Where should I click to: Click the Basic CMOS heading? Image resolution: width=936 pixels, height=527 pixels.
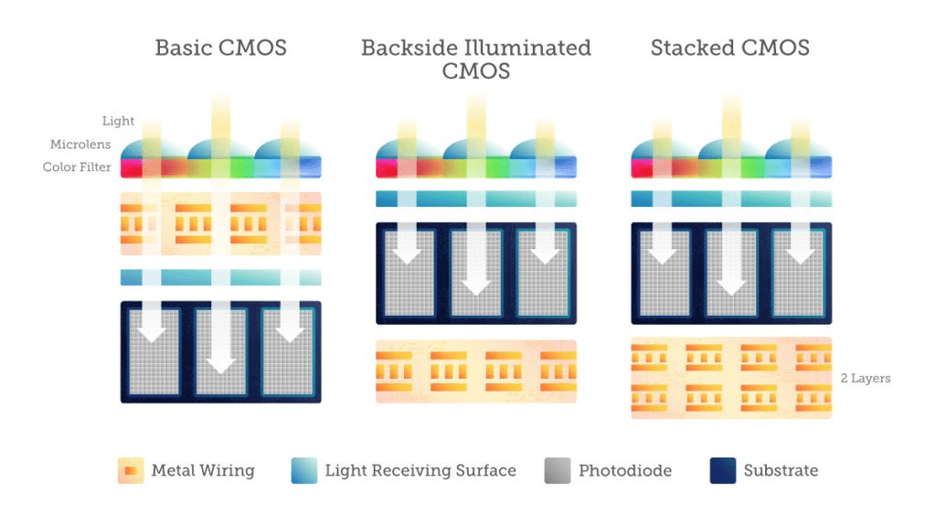tap(221, 48)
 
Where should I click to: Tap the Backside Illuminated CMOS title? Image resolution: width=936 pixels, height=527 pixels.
tap(475, 59)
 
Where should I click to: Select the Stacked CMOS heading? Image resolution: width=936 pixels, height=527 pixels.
tap(730, 48)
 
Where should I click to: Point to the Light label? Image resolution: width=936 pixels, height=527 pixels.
tap(118, 121)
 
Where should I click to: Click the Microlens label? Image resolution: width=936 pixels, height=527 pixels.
tap(80, 144)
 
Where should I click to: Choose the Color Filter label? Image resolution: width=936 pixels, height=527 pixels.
tap(77, 167)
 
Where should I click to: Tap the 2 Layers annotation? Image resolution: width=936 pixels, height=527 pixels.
tap(866, 378)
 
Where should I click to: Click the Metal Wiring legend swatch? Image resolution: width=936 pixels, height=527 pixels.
tap(131, 470)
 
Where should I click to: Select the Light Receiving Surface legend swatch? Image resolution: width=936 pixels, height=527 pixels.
tap(303, 470)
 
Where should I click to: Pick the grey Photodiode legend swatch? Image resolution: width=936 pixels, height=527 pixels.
tap(558, 470)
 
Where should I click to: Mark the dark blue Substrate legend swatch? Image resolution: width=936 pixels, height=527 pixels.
tap(723, 470)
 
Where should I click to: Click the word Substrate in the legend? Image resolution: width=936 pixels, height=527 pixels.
tap(781, 470)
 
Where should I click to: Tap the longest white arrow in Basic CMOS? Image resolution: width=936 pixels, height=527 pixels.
tap(221, 338)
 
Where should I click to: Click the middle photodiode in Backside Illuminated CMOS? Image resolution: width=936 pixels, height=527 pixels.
tap(475, 273)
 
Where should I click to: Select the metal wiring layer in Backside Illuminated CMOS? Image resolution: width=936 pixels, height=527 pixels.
tap(476, 371)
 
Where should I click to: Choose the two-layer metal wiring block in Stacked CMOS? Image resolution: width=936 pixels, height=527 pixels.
tap(731, 378)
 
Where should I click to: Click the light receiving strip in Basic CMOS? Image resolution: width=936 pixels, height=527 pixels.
tap(221, 277)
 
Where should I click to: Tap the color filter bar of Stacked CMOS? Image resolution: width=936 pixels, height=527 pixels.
tap(731, 167)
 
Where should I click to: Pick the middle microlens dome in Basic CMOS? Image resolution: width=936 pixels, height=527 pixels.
tap(221, 149)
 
